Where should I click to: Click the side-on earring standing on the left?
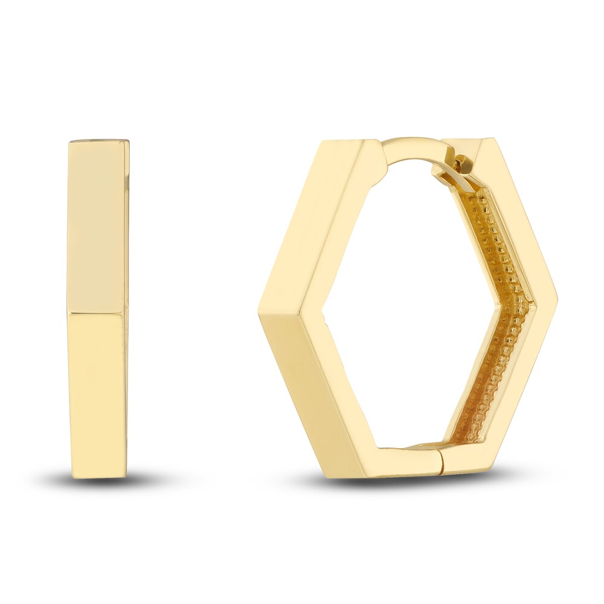pos(98,308)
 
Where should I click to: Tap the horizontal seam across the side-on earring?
pos(98,313)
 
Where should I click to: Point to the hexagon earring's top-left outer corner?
pos(322,142)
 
